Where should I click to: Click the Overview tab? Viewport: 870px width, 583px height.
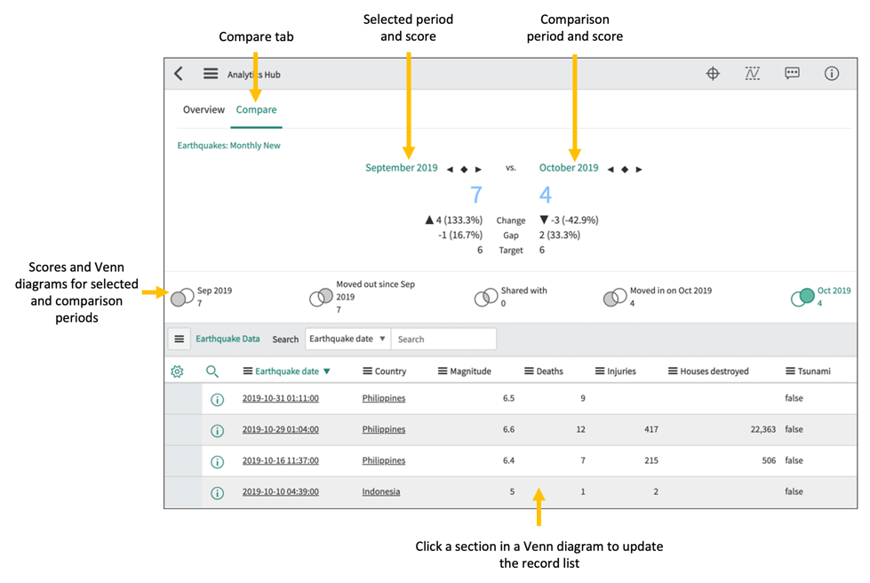pos(204,110)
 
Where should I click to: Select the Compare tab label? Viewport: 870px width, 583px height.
pos(256,110)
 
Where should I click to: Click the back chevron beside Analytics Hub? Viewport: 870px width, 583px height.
pos(179,74)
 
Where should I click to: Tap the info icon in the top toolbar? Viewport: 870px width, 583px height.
pos(831,74)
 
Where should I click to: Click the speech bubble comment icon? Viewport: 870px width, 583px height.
pos(792,74)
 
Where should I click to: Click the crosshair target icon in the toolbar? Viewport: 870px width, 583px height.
pos(713,74)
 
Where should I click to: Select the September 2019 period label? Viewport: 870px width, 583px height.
pos(401,168)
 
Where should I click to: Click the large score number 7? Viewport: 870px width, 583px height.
pos(476,195)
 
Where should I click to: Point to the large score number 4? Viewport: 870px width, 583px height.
pos(545,195)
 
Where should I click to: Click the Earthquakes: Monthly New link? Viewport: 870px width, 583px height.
pos(228,146)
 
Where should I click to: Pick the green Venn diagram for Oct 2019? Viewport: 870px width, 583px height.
pos(802,297)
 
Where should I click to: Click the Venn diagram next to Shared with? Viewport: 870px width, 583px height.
pos(485,297)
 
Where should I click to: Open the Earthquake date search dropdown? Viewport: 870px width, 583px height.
pos(347,339)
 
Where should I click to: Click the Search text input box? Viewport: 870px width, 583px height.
pos(443,339)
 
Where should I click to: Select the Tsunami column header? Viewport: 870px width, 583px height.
pos(808,371)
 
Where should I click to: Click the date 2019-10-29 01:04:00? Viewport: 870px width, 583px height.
pos(280,429)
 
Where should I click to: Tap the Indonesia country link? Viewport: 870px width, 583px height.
pos(380,491)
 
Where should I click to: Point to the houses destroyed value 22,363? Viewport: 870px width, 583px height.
pos(756,429)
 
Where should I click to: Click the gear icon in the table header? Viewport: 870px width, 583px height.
pos(178,371)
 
